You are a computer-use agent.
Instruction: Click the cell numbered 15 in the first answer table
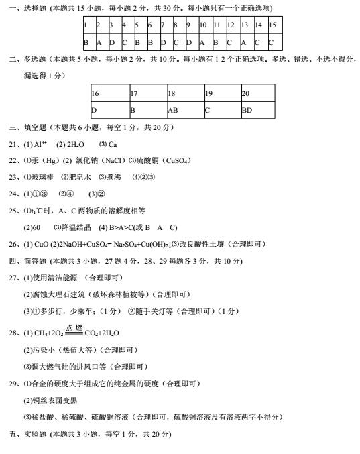click(x=272, y=25)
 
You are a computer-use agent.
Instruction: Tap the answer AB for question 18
click(x=172, y=109)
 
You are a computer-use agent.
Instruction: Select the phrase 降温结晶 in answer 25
click(x=75, y=227)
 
